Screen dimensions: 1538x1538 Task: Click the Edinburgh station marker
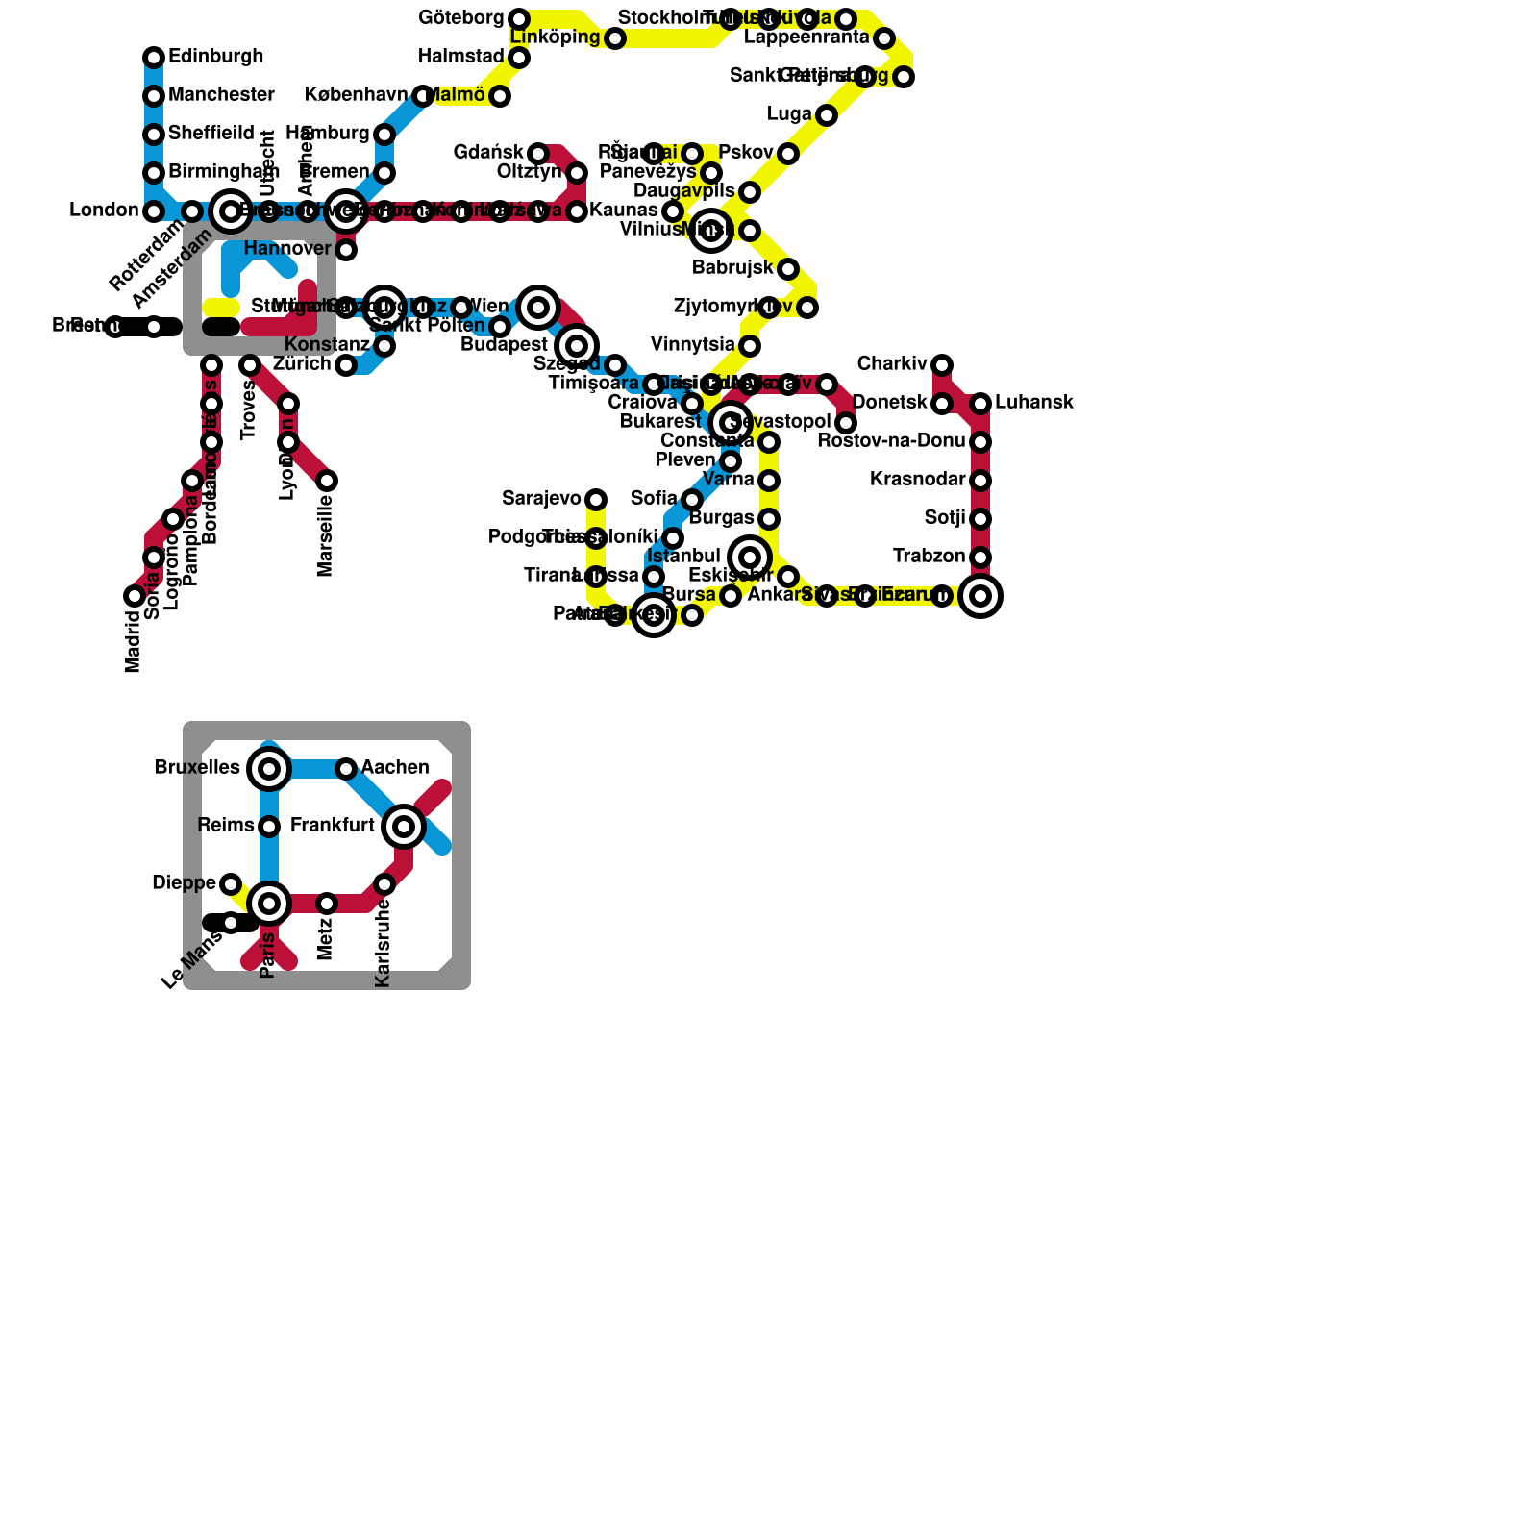click(x=154, y=58)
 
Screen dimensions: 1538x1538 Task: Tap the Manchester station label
click(x=221, y=95)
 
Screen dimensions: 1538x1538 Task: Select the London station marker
click(x=154, y=211)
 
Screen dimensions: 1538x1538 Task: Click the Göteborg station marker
click(x=519, y=19)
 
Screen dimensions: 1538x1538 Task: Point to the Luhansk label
click(x=1033, y=403)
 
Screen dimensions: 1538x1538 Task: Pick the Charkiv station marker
click(x=942, y=365)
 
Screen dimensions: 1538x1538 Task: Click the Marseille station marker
click(x=327, y=481)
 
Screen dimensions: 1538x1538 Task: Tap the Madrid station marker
click(x=135, y=596)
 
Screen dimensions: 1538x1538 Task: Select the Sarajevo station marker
click(x=596, y=500)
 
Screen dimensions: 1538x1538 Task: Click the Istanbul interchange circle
click(x=750, y=558)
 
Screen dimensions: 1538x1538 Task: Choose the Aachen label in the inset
click(x=395, y=768)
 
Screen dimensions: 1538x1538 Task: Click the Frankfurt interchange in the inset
click(x=404, y=827)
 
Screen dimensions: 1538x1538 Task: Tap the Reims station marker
click(x=269, y=827)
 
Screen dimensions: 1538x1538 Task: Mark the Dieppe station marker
click(x=231, y=884)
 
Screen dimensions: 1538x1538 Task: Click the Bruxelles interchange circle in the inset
click(x=269, y=769)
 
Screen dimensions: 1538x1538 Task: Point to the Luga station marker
click(x=827, y=115)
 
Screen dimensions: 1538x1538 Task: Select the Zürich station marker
click(x=346, y=365)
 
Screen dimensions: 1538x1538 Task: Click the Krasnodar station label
click(x=917, y=480)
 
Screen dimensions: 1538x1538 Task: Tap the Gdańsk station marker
click(x=538, y=154)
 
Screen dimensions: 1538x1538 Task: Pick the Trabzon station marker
click(x=980, y=558)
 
